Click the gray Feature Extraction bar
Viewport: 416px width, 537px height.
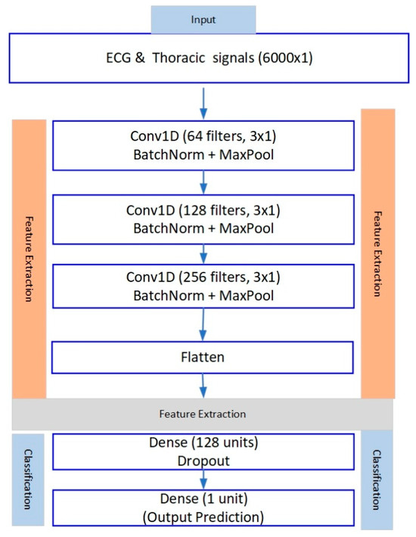pyautogui.click(x=202, y=414)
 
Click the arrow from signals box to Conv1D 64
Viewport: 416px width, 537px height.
pyautogui.click(x=202, y=100)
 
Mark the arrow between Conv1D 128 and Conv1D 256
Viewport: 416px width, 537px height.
pyautogui.click(x=202, y=253)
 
